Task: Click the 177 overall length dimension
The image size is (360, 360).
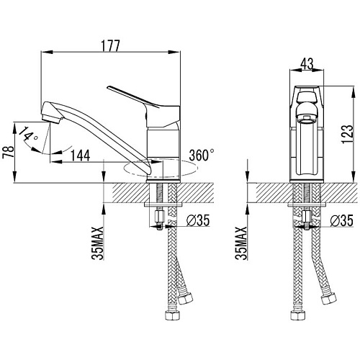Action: [110, 46]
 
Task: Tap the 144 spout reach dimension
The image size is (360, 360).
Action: [81, 156]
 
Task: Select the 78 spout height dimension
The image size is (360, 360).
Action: [8, 152]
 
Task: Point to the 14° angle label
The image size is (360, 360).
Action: [28, 135]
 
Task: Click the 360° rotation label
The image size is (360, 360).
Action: [202, 155]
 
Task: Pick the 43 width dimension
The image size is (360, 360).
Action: [307, 63]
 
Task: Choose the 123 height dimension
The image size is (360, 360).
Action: [348, 135]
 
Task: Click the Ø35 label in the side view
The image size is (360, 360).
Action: [198, 220]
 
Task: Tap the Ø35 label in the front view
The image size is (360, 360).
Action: [341, 220]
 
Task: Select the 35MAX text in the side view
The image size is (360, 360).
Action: [98, 243]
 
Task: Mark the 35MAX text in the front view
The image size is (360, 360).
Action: [241, 243]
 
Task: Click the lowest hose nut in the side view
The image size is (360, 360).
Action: [172, 315]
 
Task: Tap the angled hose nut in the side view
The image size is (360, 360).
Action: [186, 298]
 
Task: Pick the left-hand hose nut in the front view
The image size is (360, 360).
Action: [298, 315]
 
